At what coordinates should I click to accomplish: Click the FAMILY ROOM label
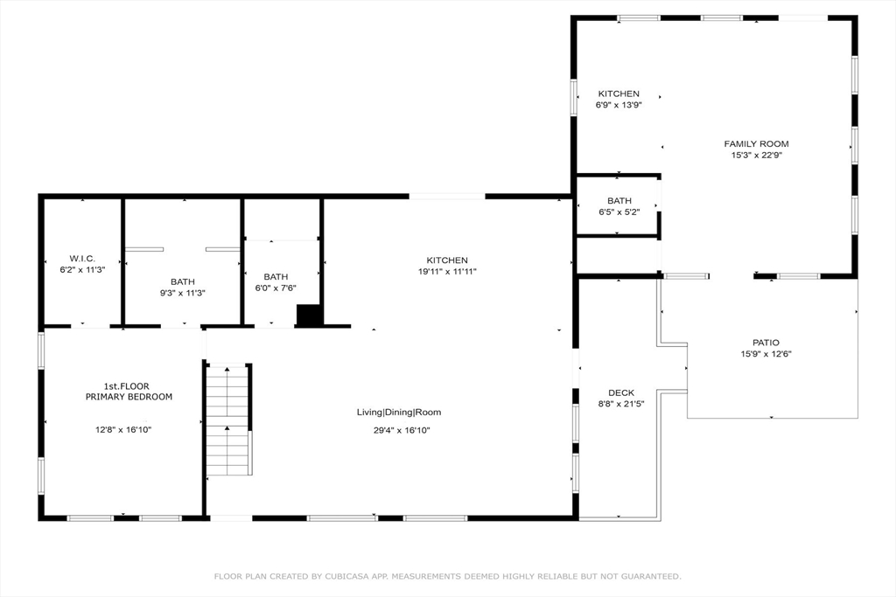(756, 144)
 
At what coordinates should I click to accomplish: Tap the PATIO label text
(766, 343)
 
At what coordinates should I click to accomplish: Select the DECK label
(621, 392)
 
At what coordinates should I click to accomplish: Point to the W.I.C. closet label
(82, 259)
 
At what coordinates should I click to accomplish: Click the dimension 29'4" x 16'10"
(402, 430)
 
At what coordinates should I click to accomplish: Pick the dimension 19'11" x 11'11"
(447, 272)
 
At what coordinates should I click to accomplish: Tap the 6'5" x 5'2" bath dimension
(619, 212)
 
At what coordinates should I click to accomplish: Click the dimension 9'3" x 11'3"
(182, 294)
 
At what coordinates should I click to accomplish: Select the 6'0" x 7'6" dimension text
(276, 288)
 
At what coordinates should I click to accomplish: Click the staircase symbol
(228, 420)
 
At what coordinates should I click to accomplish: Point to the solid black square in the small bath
(309, 316)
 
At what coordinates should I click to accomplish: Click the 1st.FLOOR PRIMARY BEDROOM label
(129, 392)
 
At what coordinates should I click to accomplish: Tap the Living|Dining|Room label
(399, 412)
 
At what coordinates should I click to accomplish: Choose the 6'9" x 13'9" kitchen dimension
(619, 105)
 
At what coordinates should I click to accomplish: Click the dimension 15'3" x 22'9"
(757, 156)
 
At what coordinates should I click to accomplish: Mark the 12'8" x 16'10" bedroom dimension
(123, 430)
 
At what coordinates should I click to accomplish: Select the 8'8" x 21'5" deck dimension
(621, 404)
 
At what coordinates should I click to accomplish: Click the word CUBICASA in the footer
(348, 576)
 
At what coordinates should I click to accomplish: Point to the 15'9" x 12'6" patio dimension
(766, 354)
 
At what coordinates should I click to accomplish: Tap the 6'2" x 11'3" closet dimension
(82, 270)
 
